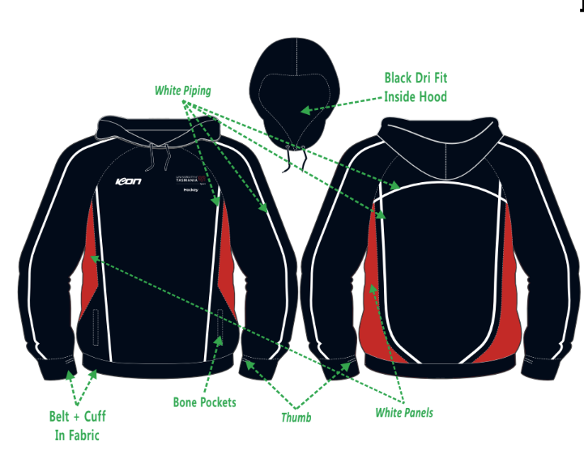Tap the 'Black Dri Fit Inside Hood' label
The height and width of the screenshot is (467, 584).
[416, 87]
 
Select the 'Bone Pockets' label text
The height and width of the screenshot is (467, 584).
[205, 402]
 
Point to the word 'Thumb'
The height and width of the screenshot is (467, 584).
[296, 418]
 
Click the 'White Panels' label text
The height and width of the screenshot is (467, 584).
[404, 413]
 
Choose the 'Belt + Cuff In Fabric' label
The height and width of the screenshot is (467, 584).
[78, 426]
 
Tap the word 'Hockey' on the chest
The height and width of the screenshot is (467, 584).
[191, 191]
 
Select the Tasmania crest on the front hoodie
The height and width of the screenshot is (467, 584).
[194, 180]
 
